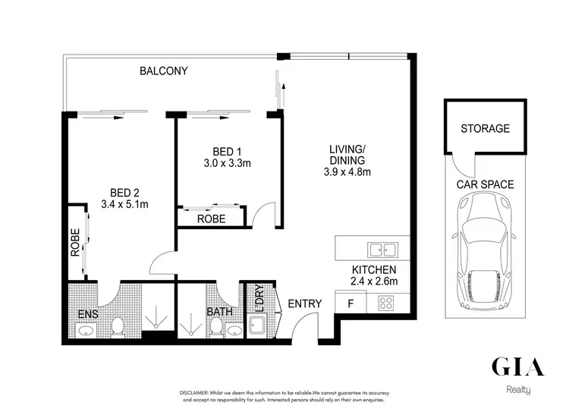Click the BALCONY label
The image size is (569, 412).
pyautogui.click(x=163, y=71)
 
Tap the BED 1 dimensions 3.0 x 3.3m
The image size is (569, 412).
pyautogui.click(x=227, y=162)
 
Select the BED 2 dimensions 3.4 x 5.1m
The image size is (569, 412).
pyautogui.click(x=124, y=203)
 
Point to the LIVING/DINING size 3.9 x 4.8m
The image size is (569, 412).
pyautogui.click(x=347, y=172)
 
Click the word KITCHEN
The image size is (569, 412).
pyautogui.click(x=373, y=270)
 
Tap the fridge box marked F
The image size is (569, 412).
pyautogui.click(x=350, y=303)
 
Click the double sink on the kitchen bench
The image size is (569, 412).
pyautogui.click(x=382, y=248)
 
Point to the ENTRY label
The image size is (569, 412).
pyautogui.click(x=304, y=303)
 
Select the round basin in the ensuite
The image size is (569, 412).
pyautogui.click(x=85, y=331)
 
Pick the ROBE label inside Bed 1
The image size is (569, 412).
pyautogui.click(x=210, y=218)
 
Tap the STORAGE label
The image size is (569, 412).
pyautogui.click(x=485, y=128)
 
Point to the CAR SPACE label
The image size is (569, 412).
pyautogui.click(x=485, y=184)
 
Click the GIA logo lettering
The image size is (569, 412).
pyautogui.click(x=518, y=366)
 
